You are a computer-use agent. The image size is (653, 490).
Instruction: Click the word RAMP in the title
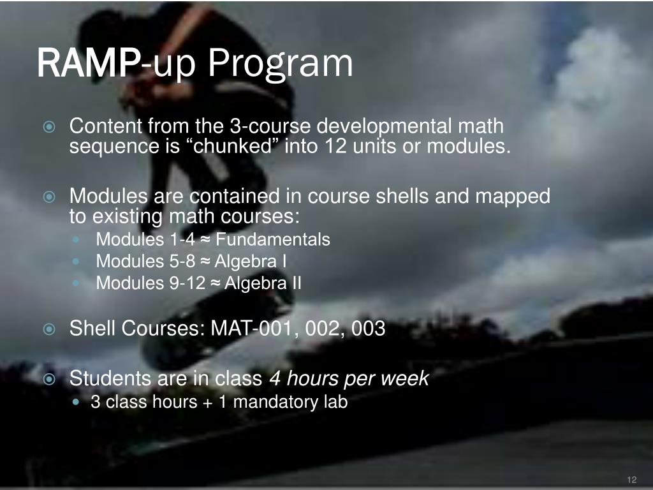click(x=89, y=63)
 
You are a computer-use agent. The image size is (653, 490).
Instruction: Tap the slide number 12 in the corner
click(x=632, y=480)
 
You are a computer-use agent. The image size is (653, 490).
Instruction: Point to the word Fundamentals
click(x=273, y=240)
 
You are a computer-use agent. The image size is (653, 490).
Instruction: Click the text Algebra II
click(x=263, y=283)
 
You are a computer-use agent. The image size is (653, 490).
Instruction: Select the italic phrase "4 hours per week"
click(x=349, y=379)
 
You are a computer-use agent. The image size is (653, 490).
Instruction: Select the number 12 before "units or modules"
click(x=335, y=147)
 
